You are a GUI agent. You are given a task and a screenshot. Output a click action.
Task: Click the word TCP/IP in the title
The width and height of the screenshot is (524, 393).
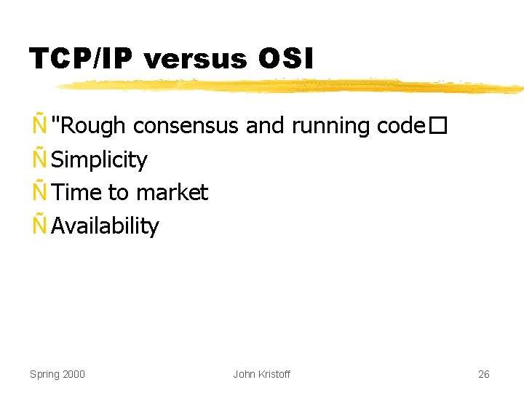(x=81, y=59)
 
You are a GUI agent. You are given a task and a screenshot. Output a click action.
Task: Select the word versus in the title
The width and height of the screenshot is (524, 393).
(x=196, y=60)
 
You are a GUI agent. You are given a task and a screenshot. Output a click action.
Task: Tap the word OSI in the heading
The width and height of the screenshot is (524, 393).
(x=285, y=59)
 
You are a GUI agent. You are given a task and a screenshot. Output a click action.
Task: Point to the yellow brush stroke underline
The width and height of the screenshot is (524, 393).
(x=291, y=87)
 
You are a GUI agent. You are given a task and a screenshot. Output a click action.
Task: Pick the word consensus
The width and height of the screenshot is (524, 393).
(x=186, y=126)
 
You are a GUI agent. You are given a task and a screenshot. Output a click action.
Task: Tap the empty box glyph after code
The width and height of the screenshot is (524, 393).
(x=435, y=127)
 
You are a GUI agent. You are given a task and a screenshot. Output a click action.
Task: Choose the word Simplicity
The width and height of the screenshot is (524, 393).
(x=100, y=160)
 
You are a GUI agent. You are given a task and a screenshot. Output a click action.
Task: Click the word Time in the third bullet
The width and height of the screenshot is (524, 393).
(x=76, y=193)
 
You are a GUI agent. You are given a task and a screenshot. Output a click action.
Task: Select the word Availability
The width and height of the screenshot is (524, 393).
(x=105, y=226)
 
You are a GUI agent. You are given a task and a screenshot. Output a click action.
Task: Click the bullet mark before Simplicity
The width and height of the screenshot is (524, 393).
(x=39, y=158)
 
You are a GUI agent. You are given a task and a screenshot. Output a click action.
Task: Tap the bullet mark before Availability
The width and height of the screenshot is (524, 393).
(x=39, y=225)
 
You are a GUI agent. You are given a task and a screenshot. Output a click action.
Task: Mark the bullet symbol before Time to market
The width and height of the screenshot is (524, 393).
(x=39, y=191)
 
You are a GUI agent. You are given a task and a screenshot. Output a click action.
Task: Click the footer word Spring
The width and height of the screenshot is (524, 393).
(x=44, y=374)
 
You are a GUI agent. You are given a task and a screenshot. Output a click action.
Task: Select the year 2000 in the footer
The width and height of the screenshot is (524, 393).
(x=74, y=374)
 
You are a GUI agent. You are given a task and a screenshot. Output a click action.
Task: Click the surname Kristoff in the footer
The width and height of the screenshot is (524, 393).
(x=274, y=374)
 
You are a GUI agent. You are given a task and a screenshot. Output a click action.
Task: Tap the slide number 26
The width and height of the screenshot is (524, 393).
(x=484, y=374)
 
